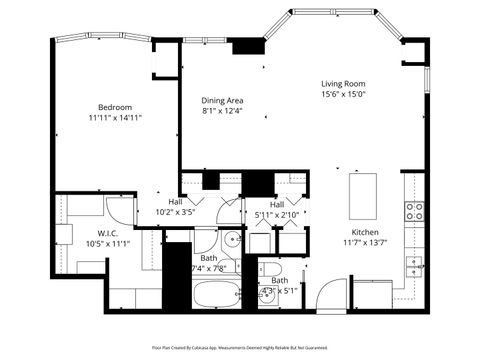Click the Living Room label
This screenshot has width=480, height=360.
(343, 83)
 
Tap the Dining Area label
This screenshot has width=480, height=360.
(223, 100)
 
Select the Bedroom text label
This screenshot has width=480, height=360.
(115, 106)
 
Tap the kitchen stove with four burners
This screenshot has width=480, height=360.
(412, 210)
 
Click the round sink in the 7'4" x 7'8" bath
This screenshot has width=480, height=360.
(231, 239)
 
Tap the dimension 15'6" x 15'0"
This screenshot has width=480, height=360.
(343, 95)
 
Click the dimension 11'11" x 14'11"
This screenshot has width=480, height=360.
(115, 117)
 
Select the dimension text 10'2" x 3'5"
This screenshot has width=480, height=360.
(175, 212)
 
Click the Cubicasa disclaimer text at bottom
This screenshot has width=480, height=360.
(239, 347)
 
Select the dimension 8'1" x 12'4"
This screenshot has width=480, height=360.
(223, 111)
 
